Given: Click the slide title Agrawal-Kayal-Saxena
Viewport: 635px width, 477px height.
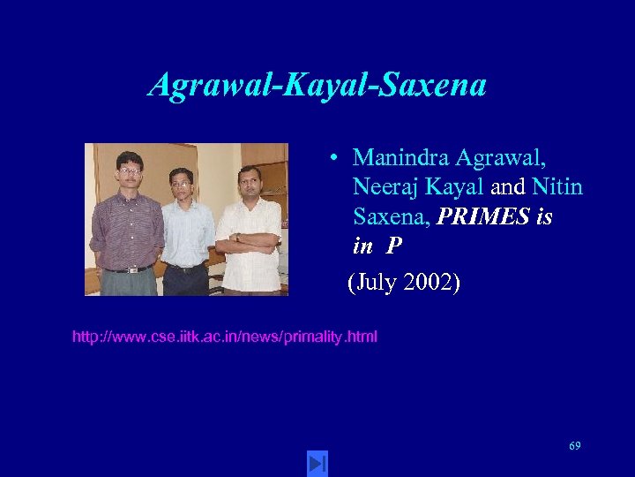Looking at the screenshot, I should [317, 85].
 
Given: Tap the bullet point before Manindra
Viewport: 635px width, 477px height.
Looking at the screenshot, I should [336, 159].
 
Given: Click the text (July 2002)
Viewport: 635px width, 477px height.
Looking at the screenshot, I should [404, 284].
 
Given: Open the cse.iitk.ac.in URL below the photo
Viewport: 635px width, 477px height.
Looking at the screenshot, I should [224, 337].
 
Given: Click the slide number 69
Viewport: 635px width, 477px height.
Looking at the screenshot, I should [574, 446].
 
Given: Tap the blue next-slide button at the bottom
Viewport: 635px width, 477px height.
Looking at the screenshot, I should [317, 462].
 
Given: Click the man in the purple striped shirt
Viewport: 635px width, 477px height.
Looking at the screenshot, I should [127, 225].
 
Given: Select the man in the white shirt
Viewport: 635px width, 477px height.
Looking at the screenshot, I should [248, 230].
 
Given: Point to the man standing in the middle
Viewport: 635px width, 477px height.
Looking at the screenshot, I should [186, 230].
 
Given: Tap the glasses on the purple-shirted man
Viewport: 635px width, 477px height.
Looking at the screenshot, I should [130, 170].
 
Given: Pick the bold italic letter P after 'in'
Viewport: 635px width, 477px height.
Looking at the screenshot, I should [392, 246].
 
